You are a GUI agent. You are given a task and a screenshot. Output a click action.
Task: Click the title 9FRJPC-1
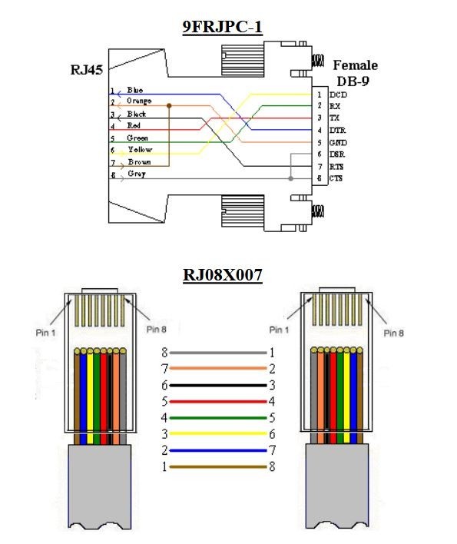[x=222, y=27]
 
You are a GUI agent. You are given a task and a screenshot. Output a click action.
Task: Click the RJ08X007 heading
[x=222, y=275]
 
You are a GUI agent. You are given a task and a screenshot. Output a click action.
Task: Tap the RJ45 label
[x=87, y=70]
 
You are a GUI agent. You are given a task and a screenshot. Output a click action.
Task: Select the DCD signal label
[x=338, y=95]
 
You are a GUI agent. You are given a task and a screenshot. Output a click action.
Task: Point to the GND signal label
[x=338, y=143]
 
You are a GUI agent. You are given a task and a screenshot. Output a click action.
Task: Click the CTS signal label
[x=336, y=178]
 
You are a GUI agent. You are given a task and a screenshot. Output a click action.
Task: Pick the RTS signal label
[x=336, y=167]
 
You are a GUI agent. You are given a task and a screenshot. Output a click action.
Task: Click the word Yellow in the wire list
[x=140, y=150]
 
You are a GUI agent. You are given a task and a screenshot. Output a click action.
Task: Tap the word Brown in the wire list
[x=139, y=161]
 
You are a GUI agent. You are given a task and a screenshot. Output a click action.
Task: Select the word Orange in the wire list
[x=139, y=101]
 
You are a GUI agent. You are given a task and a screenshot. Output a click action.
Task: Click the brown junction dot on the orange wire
[x=169, y=105]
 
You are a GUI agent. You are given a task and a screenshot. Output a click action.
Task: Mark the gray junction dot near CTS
[x=291, y=179]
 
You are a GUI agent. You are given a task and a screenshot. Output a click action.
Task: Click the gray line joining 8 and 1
[x=218, y=353]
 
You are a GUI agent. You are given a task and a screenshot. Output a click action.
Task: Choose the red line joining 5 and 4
[x=218, y=402]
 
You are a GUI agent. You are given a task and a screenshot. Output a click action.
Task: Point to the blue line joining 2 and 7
[x=218, y=451]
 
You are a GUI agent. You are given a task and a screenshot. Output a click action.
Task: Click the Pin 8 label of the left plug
[x=157, y=330]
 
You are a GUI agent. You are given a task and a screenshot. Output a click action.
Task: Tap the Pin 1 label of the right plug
[x=279, y=330]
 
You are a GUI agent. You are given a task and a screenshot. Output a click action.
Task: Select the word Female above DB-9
[x=356, y=65]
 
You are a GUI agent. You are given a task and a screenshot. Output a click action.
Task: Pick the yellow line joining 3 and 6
[x=218, y=433]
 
